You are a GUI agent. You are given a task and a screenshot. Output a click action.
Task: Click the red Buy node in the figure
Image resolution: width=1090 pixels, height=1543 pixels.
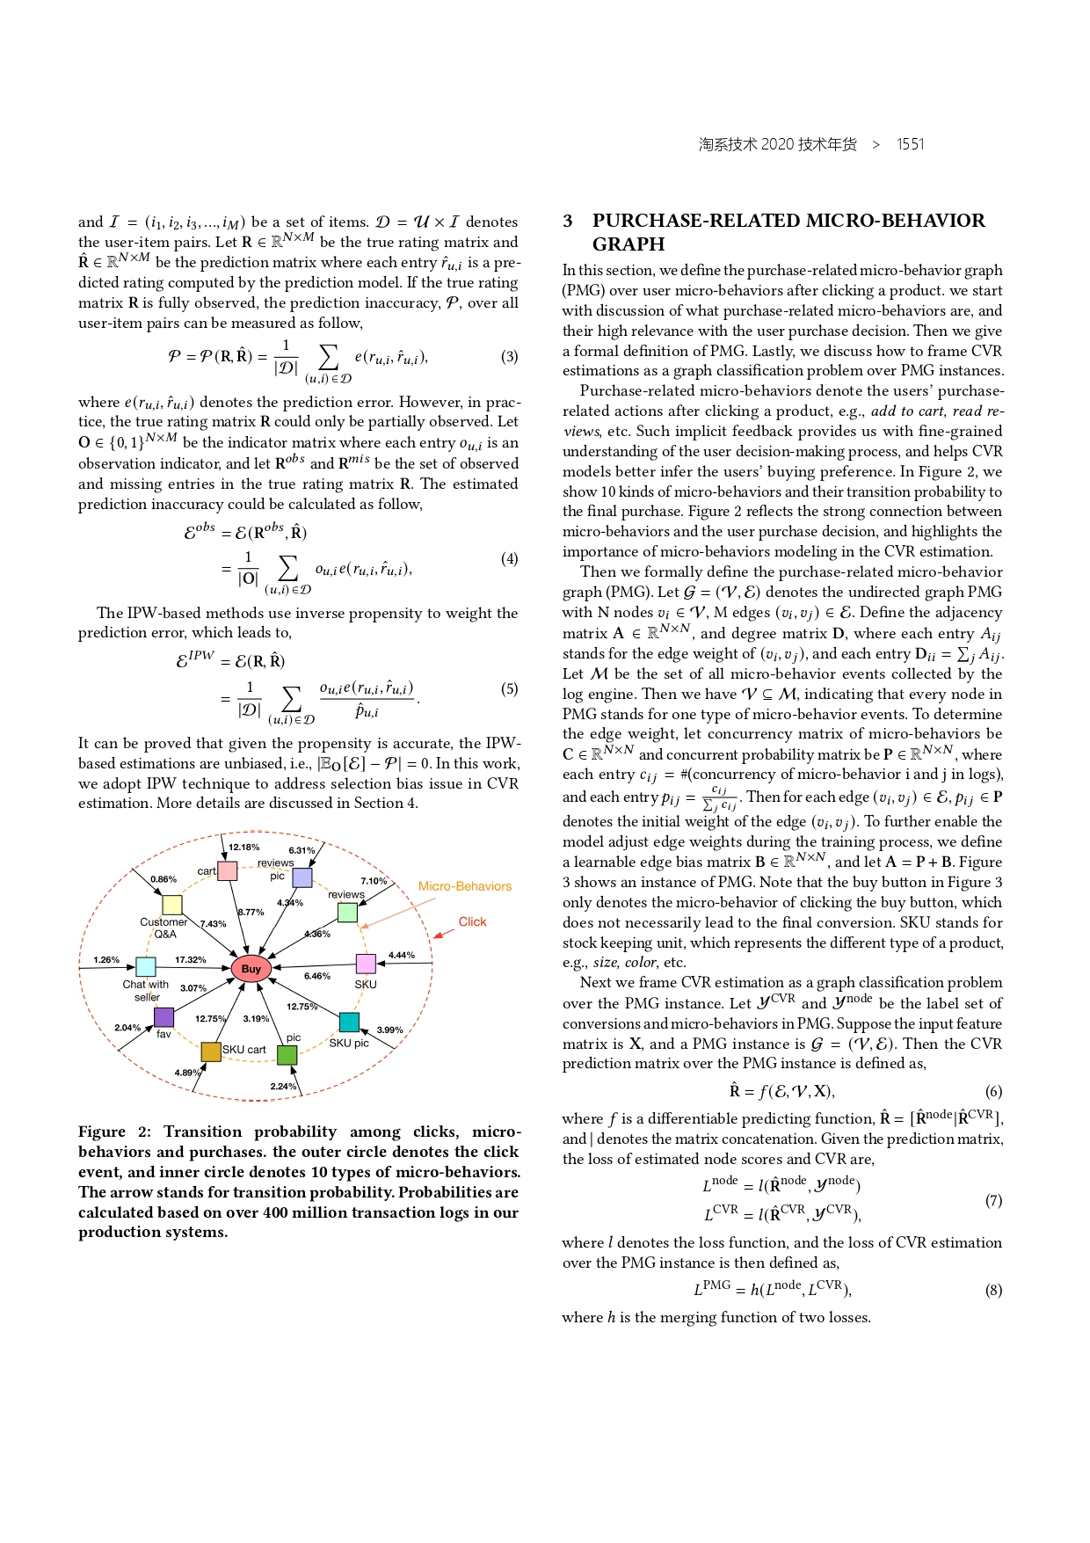(251, 968)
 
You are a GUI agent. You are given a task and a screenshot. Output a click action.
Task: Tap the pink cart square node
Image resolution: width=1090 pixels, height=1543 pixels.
(228, 871)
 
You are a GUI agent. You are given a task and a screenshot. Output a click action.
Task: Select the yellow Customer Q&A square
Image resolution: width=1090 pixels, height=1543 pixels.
(172, 905)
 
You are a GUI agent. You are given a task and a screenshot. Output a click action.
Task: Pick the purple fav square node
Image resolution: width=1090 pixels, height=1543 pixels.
(163, 1017)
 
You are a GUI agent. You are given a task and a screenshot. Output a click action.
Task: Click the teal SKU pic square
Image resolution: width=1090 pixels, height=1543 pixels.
(349, 1022)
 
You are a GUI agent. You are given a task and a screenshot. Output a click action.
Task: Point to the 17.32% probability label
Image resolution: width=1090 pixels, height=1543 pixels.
(190, 960)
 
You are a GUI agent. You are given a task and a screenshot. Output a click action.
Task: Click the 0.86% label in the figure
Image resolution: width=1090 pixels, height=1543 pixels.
(163, 879)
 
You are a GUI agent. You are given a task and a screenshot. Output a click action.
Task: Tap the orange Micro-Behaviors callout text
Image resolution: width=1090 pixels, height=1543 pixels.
(464, 886)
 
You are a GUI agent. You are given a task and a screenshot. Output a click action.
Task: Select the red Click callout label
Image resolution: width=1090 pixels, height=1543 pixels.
(472, 921)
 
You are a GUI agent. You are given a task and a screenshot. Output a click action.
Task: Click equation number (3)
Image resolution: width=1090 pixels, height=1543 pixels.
(510, 356)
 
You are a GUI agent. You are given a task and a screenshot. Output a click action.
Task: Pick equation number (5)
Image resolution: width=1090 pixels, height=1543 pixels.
(510, 688)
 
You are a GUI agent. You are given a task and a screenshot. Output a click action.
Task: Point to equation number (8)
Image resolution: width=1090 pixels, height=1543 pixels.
(993, 1291)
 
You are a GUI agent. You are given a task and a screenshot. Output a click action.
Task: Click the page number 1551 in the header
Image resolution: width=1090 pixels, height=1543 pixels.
(910, 144)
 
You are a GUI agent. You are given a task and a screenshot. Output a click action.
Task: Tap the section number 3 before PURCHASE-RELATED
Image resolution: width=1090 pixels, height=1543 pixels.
(568, 221)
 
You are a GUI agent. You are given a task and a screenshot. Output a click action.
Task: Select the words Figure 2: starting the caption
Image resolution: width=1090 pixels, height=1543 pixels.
(114, 1132)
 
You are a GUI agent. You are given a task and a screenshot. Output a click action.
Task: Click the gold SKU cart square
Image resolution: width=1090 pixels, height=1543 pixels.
(211, 1052)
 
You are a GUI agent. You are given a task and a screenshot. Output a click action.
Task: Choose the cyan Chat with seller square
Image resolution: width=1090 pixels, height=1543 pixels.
(146, 966)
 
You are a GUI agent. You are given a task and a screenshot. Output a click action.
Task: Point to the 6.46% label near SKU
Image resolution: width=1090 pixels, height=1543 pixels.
(316, 976)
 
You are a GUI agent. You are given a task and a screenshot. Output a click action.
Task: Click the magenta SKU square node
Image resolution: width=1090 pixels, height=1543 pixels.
(366, 964)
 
